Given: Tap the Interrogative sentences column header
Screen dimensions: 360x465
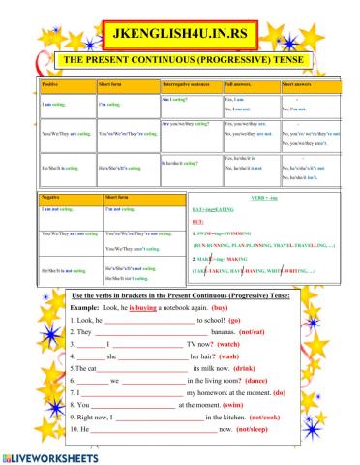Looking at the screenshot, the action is coord(190,85).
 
